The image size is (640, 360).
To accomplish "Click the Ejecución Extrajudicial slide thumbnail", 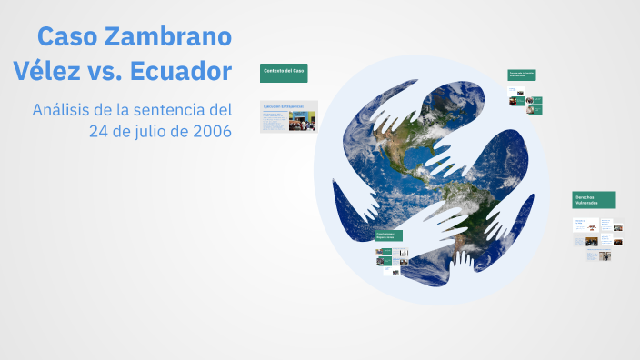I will tap(288, 116).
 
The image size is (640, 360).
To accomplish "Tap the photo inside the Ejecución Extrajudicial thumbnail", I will tap(303, 122).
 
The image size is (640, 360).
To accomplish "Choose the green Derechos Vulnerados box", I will tap(594, 199).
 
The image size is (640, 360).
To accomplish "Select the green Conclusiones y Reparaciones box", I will tap(389, 235).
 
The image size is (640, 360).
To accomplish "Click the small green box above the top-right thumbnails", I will tap(521, 75).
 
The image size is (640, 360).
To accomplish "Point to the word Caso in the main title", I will tap(67, 37).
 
